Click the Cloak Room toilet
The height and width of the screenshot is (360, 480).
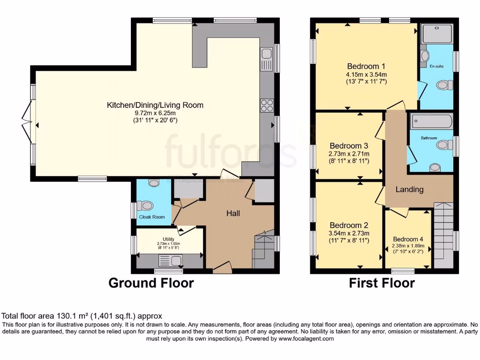[146, 205]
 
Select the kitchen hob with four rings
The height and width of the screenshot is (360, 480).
[266, 105]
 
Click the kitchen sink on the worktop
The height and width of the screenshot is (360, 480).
[267, 60]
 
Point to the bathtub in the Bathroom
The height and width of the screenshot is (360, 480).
[432, 122]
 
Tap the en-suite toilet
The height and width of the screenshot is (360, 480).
[444, 85]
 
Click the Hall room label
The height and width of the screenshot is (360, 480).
[233, 214]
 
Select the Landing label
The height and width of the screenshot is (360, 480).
[409, 189]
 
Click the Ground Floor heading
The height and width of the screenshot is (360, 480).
[151, 283]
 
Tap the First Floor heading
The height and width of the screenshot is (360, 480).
[382, 283]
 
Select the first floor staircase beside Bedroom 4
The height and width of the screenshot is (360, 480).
[443, 234]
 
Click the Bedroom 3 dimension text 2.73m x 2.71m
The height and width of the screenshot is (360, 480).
[349, 154]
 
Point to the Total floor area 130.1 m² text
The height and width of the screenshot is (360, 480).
[82, 316]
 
